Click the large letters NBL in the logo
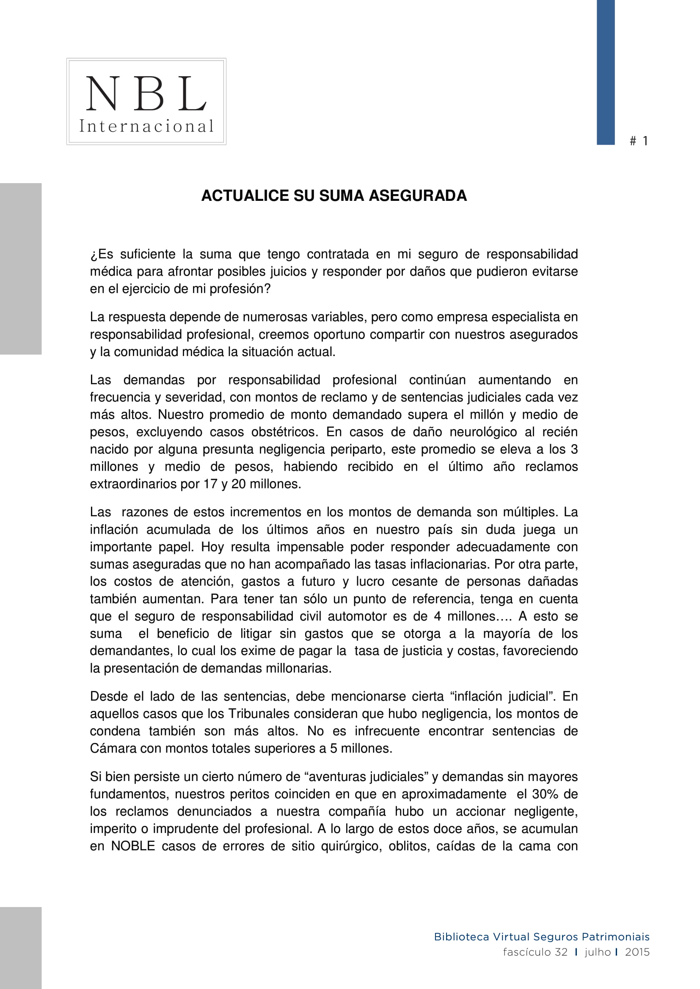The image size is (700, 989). coord(146,93)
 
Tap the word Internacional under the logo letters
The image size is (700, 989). coord(146,126)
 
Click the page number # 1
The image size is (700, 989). coord(639,141)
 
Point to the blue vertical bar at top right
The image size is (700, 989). coord(605,72)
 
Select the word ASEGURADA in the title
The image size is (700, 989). coord(418,196)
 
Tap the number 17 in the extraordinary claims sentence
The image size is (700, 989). coord(210,484)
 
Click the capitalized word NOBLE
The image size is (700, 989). coord(133,846)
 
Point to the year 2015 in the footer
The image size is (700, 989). coord(637,951)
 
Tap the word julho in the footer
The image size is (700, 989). coord(598,951)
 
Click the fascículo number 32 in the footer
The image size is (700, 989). coord(561,951)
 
